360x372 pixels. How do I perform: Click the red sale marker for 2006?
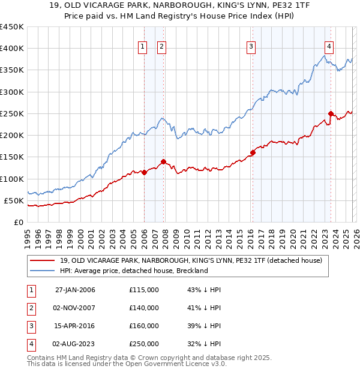[144, 172]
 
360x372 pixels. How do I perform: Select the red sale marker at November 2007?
[163, 161]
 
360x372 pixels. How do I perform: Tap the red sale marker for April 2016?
[253, 152]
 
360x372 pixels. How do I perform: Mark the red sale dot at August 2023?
[331, 113]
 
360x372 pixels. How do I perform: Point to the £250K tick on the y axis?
[12, 113]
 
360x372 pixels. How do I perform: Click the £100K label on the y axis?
[12, 179]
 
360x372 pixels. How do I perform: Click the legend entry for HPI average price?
[133, 271]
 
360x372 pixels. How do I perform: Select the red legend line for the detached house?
[42, 260]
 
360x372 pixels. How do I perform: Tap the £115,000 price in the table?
[144, 290]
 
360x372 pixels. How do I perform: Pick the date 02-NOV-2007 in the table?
[75, 308]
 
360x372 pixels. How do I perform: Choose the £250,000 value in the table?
[144, 344]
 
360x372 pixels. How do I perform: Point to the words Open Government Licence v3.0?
[180, 364]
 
